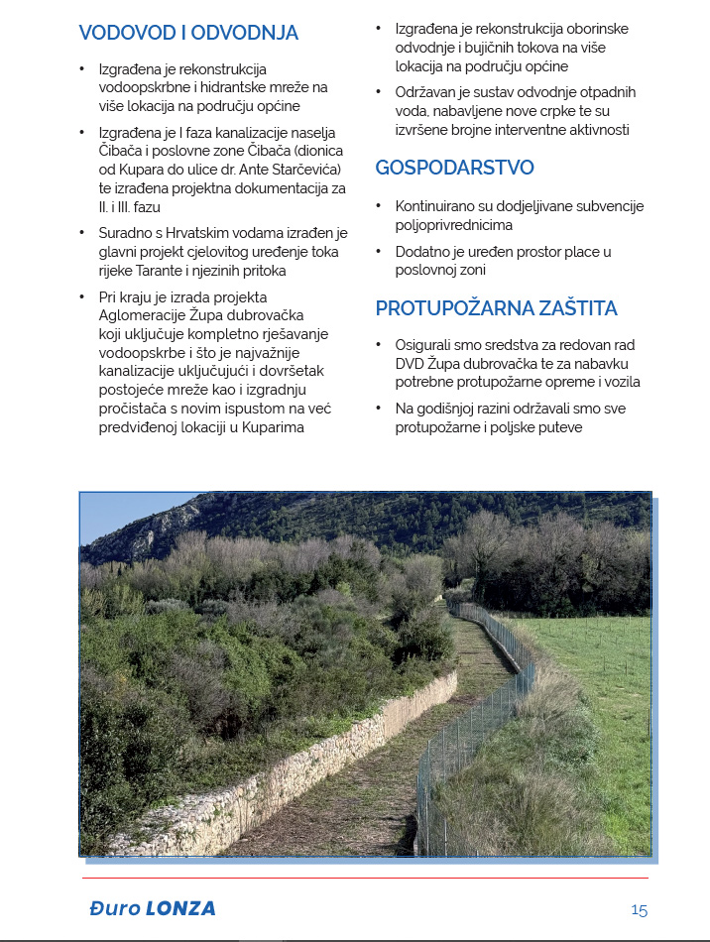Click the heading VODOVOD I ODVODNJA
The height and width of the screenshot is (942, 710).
(188, 33)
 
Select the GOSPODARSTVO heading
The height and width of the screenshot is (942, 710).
(454, 168)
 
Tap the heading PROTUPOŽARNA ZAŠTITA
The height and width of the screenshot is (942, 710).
(496, 308)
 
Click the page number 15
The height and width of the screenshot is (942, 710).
(639, 909)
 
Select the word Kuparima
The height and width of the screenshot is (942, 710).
(300, 427)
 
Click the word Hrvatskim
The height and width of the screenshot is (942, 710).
(203, 232)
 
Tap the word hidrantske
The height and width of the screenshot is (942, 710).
(241, 87)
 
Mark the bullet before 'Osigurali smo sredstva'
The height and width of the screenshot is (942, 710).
(379, 345)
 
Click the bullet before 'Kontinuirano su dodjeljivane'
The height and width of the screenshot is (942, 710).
(379, 207)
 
